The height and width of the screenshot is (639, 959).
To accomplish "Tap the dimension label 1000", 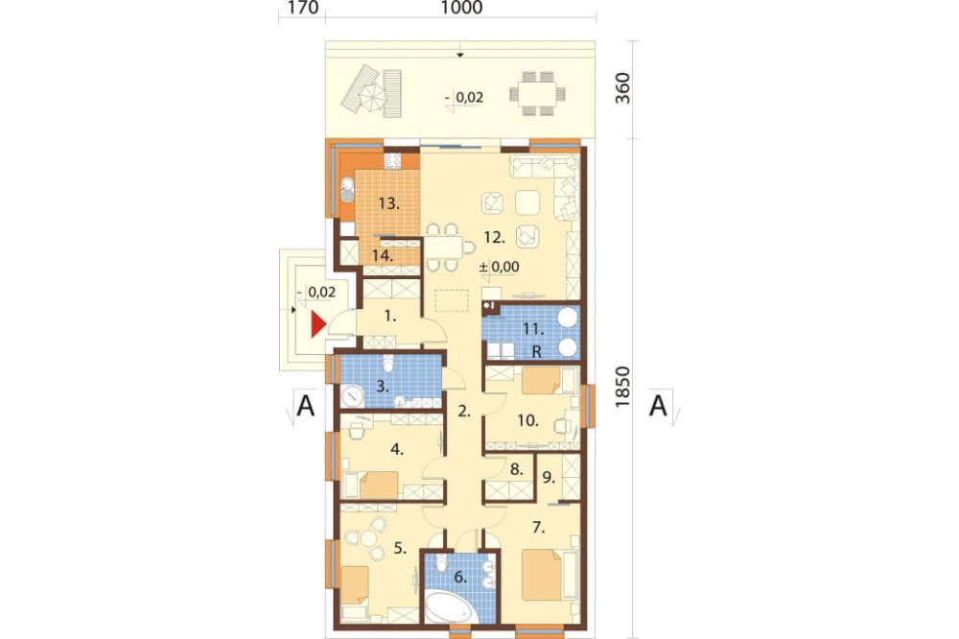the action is pos(461,8).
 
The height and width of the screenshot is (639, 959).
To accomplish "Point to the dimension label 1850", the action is pos(621,388).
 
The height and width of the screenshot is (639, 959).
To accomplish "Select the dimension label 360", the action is pos(621,88).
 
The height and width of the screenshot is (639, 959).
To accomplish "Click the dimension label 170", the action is pos(303,8).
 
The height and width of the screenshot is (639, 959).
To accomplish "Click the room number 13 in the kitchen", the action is pos(389,203).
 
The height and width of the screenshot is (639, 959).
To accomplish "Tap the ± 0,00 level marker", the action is pos(499,267).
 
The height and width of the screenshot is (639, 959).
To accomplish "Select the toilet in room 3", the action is pos(387,366).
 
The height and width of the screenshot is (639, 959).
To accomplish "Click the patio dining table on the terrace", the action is pos(538,94).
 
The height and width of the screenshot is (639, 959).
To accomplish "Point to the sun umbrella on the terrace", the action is pos(372,95).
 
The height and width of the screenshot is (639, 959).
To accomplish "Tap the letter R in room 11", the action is pos(537,352).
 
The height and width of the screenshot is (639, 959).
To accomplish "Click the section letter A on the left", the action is pos(306,405).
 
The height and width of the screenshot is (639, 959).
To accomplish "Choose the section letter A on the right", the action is pos(658,405).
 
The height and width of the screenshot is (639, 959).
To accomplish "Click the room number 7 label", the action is pos(539,527).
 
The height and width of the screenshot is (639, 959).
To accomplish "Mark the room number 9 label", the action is pos(549,478).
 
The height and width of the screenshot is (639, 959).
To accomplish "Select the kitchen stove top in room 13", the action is pos(392,161).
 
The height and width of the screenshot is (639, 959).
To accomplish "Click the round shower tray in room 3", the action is pos(352,396).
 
